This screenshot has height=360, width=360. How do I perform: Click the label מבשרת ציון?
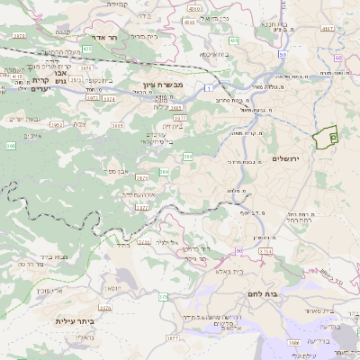[x=162, y=85]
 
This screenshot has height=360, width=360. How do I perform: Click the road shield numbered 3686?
[x=293, y=343]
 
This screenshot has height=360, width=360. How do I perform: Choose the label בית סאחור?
[x=302, y=310]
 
